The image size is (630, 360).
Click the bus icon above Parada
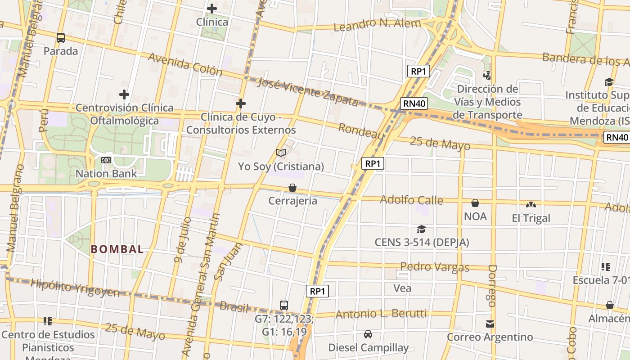tap(61, 38)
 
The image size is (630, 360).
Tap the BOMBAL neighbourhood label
tap(117, 249)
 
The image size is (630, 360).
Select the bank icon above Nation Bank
tap(106, 160)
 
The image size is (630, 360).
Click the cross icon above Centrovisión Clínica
tap(124, 94)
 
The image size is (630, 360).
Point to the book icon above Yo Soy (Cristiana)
tap(281, 153)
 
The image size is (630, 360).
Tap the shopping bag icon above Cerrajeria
tap(292, 188)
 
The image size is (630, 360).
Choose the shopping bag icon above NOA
tap(475, 203)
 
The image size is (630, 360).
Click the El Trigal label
tap(531, 218)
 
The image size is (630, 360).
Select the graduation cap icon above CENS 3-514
tap(421, 229)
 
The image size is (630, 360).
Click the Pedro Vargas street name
tap(435, 267)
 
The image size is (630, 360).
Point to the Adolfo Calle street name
tap(411, 199)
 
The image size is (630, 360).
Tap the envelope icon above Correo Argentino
tap(490, 324)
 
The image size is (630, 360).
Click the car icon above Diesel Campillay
tap(368, 334)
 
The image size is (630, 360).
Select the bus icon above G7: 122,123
tap(284, 305)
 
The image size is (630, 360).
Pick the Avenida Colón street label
tap(185, 64)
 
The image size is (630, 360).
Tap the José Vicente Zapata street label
tap(309, 92)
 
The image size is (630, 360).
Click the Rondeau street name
tap(361, 131)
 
